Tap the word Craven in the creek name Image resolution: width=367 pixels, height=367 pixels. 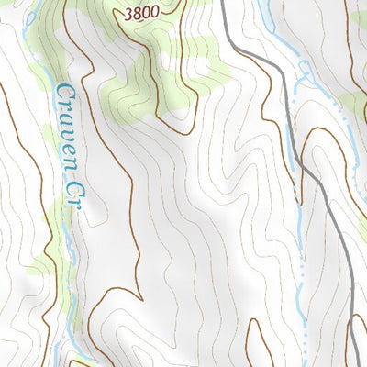(x=65, y=128)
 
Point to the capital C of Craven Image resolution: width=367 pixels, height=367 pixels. (x=63, y=93)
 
